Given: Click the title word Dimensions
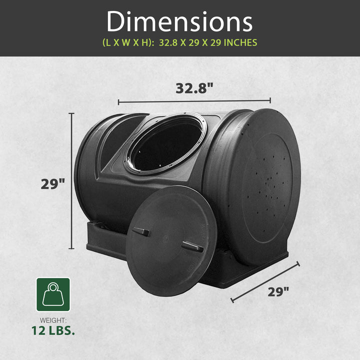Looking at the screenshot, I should [179, 21].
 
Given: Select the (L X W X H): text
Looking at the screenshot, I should [128, 43].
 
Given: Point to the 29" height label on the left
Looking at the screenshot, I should [53, 183].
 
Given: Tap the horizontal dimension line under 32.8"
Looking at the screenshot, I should [194, 101].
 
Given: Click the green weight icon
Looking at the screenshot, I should [53, 294].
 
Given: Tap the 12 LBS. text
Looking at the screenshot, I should [53, 330].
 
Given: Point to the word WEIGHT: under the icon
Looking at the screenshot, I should [53, 319].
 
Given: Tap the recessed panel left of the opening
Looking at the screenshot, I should [116, 137].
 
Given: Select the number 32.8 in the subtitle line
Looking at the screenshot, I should [168, 43].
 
